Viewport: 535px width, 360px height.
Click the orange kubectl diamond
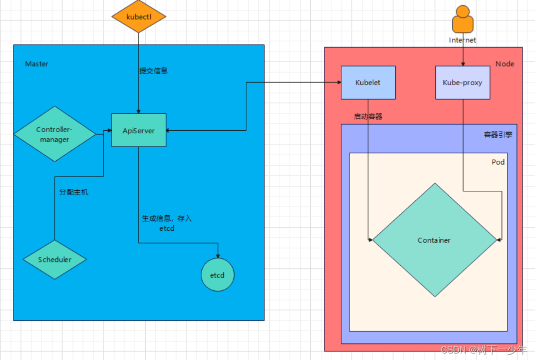point(139,17)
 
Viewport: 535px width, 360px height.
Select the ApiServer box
point(139,130)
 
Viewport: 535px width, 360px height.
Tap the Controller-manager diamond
point(55,134)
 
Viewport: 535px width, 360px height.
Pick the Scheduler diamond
point(55,259)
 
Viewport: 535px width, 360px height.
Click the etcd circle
point(218,275)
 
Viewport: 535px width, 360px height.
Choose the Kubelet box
point(368,83)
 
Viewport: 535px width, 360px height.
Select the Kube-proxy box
point(462,83)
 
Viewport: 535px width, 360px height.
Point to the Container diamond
point(434,240)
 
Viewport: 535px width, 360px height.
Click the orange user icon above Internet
point(462,20)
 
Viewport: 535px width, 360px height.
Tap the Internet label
point(462,40)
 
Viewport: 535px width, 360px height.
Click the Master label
point(37,64)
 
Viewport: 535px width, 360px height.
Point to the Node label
point(504,64)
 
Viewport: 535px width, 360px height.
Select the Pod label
point(498,162)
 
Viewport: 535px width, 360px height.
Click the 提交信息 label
point(154,71)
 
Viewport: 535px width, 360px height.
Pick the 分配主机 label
point(74,192)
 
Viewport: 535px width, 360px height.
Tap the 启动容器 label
point(368,117)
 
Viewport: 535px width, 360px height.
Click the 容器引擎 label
point(498,135)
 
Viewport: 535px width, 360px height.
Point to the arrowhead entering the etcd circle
point(218,256)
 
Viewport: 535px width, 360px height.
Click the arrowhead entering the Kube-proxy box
point(462,64)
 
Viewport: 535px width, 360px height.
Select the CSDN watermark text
point(483,349)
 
